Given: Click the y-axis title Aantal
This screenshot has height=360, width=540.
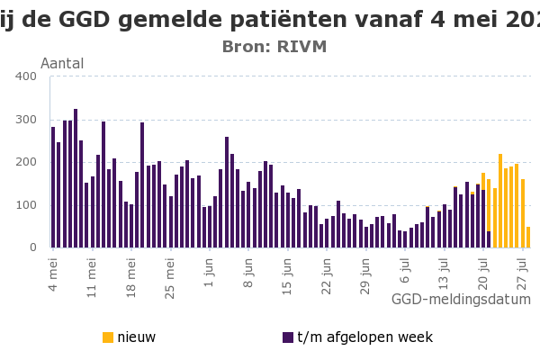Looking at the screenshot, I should pyautogui.click(x=62, y=63).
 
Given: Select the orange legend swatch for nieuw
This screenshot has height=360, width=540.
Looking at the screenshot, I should pyautogui.click(x=108, y=337).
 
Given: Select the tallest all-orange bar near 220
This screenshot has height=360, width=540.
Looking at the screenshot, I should pyautogui.click(x=500, y=201).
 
